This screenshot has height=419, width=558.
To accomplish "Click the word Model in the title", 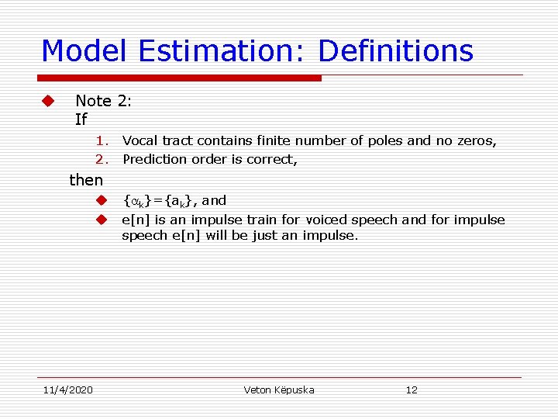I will pos(85,51).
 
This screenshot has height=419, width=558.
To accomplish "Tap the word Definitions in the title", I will pos(395,51).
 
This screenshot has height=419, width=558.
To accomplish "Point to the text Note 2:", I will pos(104,101).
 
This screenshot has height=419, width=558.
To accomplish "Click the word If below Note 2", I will pos(81,119).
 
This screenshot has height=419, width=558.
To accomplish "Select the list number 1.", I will pos(102,141).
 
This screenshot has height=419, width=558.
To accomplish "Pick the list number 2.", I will pos(102,159).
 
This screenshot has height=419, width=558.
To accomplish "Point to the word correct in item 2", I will pos(275,159).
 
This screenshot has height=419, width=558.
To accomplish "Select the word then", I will pos(86,180).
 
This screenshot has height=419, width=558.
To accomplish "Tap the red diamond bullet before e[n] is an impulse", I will pos(101,220).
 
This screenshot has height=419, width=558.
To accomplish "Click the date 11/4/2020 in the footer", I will pos(67,390).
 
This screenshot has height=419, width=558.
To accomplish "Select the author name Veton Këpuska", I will pos(279,390).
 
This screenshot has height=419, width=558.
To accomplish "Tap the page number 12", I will pos(412,390).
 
